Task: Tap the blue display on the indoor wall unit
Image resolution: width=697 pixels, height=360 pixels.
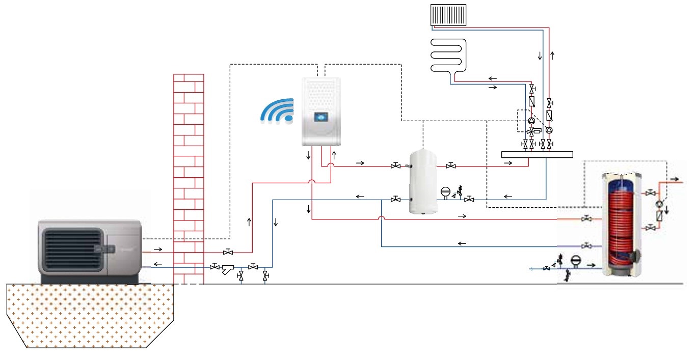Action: tap(320, 117)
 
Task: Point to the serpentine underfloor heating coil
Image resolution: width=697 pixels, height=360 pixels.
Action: tap(447, 57)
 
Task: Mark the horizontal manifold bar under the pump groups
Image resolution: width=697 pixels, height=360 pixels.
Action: tap(537, 154)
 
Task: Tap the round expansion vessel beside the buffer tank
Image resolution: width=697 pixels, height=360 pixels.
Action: tap(445, 192)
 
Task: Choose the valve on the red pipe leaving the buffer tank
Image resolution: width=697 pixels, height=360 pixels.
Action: tap(451, 165)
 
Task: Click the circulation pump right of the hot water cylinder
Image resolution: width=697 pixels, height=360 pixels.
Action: tap(661, 203)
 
